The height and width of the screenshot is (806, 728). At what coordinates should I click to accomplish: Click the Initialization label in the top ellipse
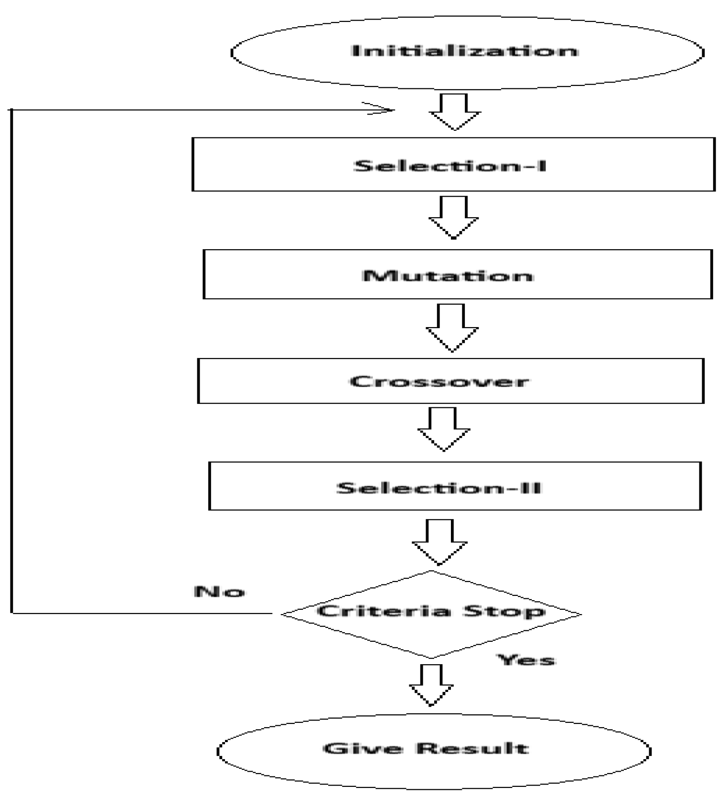point(464,51)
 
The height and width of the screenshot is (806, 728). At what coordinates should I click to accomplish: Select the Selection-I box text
point(450,166)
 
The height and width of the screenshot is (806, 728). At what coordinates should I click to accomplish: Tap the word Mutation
point(448,276)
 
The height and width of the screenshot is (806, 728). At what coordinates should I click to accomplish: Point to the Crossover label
point(439,382)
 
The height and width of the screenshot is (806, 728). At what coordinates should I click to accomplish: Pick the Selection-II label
point(439,488)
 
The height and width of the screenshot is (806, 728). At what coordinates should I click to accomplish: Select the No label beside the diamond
point(219,592)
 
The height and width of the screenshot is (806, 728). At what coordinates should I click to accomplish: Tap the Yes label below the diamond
point(526,660)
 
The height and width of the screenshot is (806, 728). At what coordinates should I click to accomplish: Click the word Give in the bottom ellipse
point(363,748)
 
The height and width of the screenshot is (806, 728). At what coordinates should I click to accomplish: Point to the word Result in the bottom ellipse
point(472,748)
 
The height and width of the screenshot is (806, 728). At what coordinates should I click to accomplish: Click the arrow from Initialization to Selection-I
point(454,112)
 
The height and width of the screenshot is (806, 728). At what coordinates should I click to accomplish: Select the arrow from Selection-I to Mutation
point(453,218)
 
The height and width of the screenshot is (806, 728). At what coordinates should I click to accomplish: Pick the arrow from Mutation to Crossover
point(452,328)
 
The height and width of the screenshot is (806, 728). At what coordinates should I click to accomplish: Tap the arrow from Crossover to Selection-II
point(443,429)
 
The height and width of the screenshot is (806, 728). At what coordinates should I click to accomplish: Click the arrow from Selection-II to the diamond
point(439,542)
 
